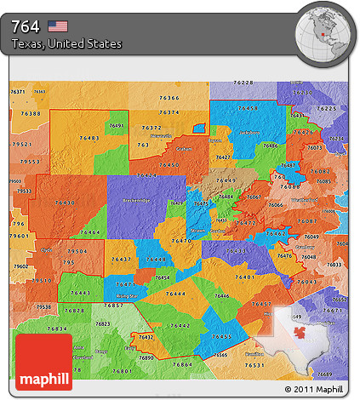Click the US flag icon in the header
(58, 26)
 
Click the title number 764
(26, 26)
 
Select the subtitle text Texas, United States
(66, 43)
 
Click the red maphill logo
(43, 362)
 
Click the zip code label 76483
(89, 137)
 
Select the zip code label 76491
(117, 125)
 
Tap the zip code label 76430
(64, 203)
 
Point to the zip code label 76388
(31, 113)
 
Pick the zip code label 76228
(243, 82)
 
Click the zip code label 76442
(180, 325)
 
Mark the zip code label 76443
(80, 294)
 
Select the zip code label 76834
(57, 329)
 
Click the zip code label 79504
(77, 252)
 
